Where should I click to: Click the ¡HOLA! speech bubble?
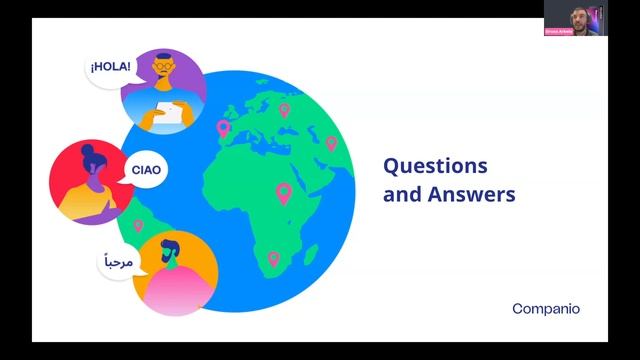pyautogui.click(x=109, y=68)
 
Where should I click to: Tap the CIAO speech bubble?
pyautogui.click(x=146, y=170)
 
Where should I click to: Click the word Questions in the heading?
pyautogui.click(x=436, y=165)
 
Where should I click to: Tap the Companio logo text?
pyautogui.click(x=545, y=309)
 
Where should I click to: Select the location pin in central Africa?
pyautogui.click(x=284, y=192)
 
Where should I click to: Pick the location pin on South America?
pyautogui.click(x=138, y=227)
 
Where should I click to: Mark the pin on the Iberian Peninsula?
pyautogui.click(x=223, y=128)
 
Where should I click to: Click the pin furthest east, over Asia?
pyautogui.click(x=331, y=143)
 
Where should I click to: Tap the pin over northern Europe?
pyautogui.click(x=284, y=109)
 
